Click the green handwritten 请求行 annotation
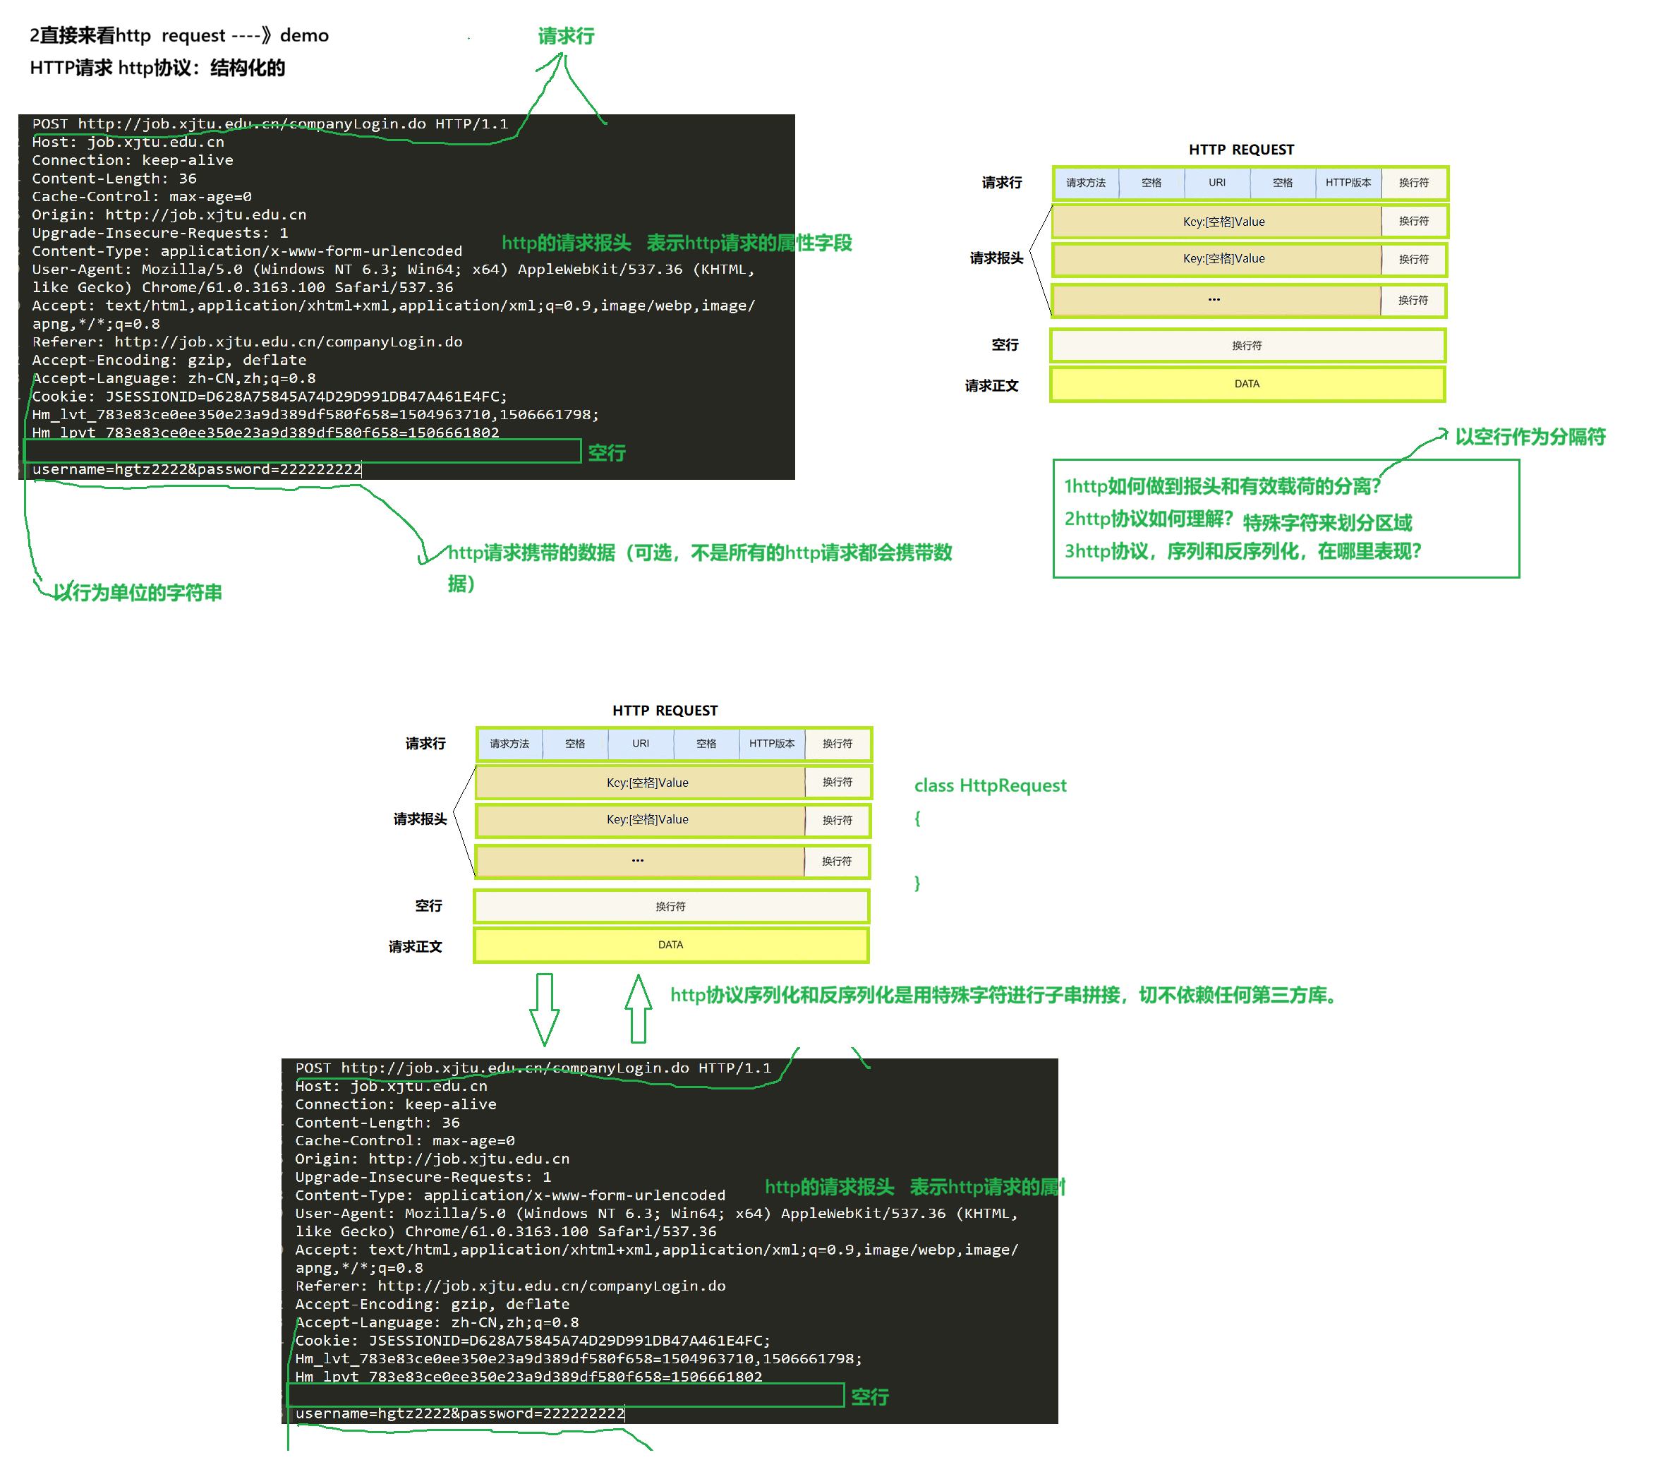click(x=566, y=36)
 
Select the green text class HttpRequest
click(x=990, y=786)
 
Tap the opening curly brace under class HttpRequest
click(x=918, y=818)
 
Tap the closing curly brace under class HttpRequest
click(x=918, y=883)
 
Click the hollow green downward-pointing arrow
click(x=545, y=1008)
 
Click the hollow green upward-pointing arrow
click(x=639, y=1008)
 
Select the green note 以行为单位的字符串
click(x=138, y=592)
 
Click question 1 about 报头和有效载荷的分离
click(x=1221, y=486)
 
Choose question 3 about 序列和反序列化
click(x=1242, y=551)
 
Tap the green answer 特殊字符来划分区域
click(x=1327, y=522)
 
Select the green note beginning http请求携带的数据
click(x=699, y=553)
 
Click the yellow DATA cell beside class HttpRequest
click(x=670, y=945)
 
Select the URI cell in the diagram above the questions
click(x=1217, y=183)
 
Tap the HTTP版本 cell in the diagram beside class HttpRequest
click(x=771, y=743)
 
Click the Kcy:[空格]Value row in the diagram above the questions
click(x=1223, y=222)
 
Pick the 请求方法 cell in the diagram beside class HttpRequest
click(x=509, y=743)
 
